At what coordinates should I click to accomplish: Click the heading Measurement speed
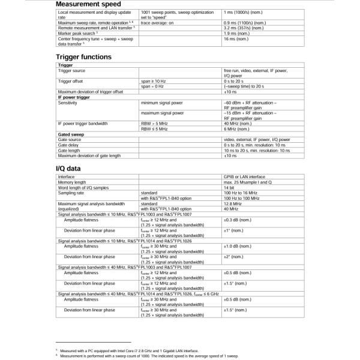89,5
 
